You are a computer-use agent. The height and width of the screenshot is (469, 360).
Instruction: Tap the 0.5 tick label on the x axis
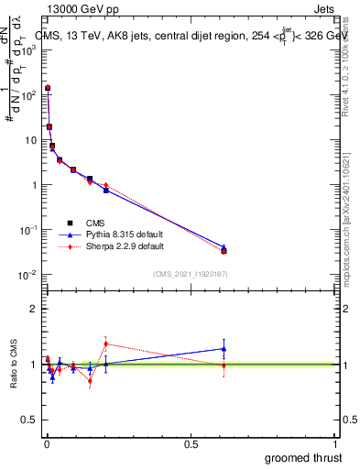click(x=191, y=443)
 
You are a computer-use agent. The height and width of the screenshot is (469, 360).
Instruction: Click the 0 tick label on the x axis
click(x=47, y=443)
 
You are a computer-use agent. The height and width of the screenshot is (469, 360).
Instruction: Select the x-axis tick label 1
click(x=336, y=443)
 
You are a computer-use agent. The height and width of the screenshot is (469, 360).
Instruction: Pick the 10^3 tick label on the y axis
click(x=27, y=49)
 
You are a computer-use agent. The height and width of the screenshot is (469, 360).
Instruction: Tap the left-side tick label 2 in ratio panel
click(x=33, y=309)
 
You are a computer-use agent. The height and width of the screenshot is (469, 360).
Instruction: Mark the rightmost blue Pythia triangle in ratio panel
click(x=224, y=348)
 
